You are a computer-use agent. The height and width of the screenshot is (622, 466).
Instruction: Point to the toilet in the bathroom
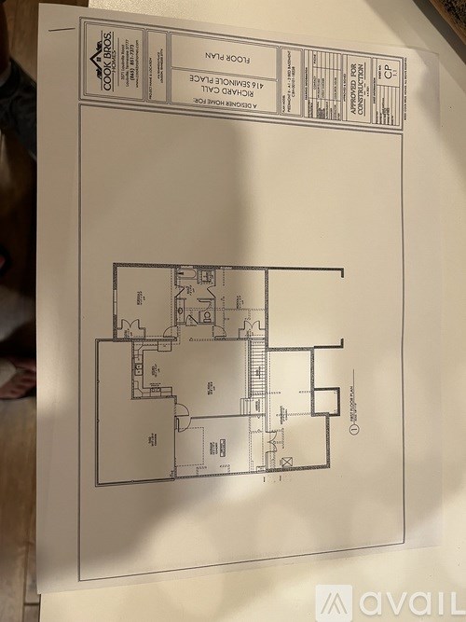192,318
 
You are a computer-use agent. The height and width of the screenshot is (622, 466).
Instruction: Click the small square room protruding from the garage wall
325,401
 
